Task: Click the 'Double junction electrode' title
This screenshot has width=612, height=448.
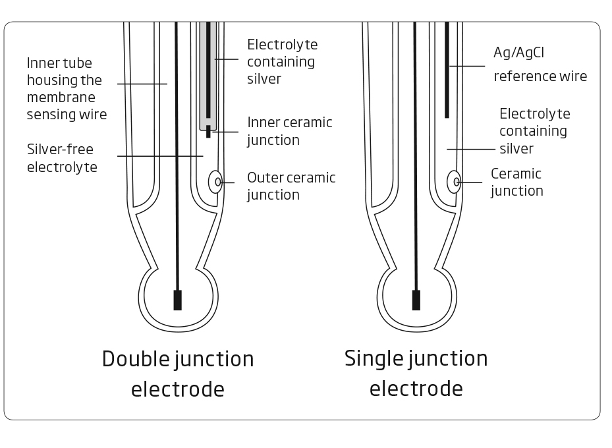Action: point(178,374)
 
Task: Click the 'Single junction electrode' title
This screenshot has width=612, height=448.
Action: point(416,373)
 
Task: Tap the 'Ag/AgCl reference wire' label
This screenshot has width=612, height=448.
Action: point(540,64)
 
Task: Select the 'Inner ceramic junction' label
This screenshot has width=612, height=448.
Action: point(289,131)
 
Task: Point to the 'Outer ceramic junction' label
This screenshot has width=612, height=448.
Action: point(291,186)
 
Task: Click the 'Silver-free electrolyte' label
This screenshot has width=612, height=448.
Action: point(62,158)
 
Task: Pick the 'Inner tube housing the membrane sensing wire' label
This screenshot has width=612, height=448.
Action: point(66,89)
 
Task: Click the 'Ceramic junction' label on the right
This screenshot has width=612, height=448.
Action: point(516,182)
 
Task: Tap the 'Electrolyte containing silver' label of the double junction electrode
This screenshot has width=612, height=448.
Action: point(282,62)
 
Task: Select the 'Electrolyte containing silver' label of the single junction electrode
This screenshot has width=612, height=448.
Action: point(534,131)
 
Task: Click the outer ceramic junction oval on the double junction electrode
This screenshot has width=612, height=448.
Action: point(215,182)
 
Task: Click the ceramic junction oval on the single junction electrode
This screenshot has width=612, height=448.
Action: point(454,182)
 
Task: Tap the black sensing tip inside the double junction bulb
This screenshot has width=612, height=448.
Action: point(177,300)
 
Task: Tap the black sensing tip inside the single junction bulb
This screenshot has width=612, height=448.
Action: point(416,300)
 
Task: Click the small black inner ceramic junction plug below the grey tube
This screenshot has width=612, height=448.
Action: point(208,132)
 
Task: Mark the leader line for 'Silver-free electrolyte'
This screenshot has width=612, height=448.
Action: point(159,156)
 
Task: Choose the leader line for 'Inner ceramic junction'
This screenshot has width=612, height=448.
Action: point(225,132)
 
